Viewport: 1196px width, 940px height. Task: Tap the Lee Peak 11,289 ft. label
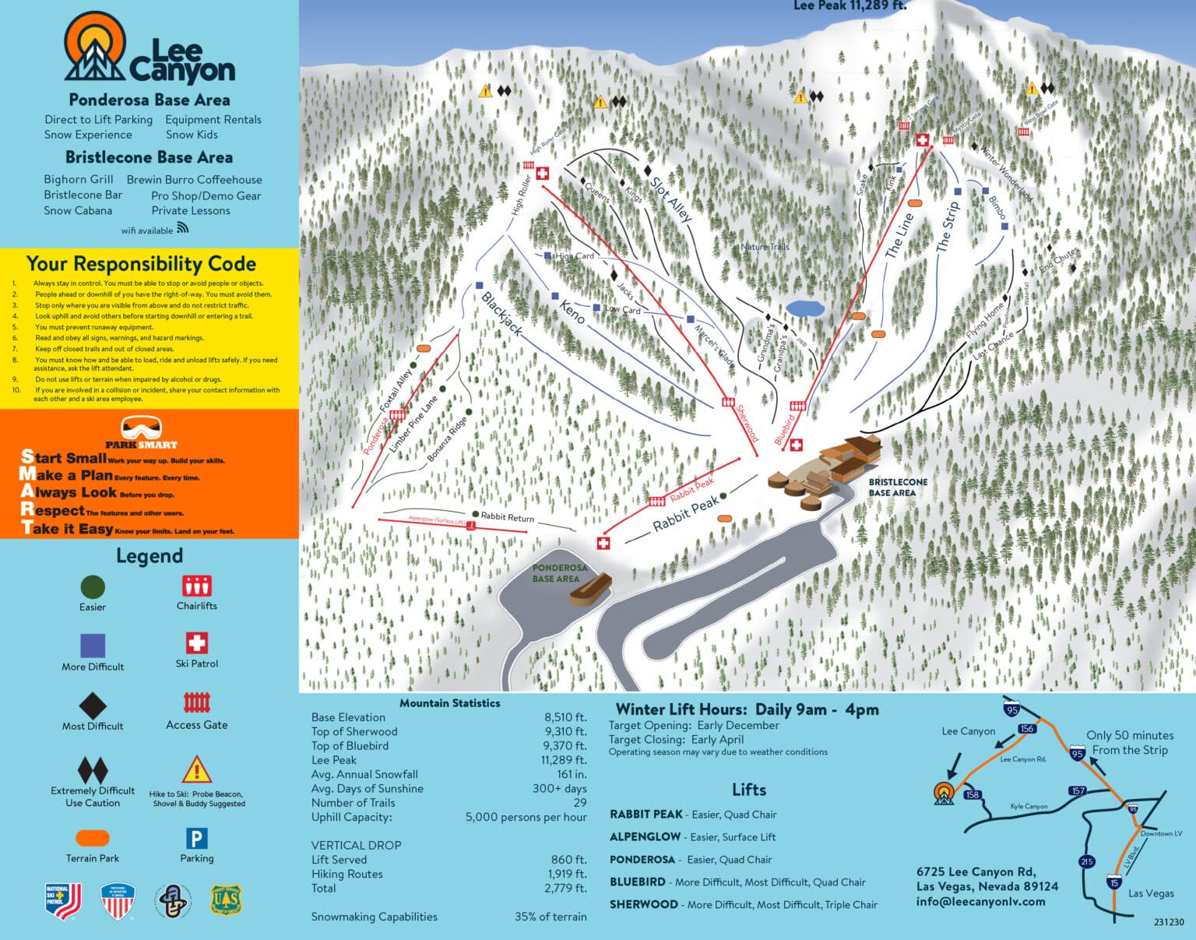[850, 6]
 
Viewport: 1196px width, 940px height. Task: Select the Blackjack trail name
[502, 314]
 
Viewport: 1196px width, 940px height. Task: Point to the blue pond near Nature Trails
[804, 308]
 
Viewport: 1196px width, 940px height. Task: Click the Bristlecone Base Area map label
[897, 488]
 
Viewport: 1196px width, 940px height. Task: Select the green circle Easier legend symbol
[92, 587]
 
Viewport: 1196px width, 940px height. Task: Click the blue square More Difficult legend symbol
[93, 646]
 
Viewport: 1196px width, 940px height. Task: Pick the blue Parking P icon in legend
[196, 839]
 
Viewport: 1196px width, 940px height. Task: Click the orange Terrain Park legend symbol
[93, 838]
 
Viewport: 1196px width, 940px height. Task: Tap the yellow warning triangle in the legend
[196, 769]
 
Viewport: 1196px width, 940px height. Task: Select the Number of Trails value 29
[579, 803]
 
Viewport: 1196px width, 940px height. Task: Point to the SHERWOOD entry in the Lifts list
[643, 904]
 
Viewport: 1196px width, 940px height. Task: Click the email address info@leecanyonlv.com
[980, 901]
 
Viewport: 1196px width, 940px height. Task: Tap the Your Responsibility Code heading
[141, 264]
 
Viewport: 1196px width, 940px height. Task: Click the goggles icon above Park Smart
[142, 428]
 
